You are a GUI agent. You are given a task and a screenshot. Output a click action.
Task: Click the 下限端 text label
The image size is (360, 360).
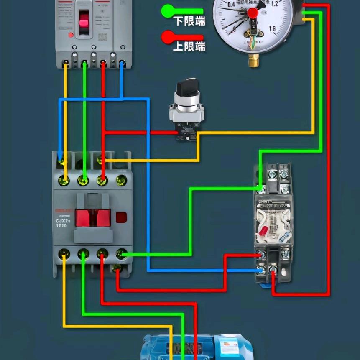point(189,20)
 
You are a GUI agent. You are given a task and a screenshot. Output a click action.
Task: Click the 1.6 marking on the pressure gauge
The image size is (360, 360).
point(273,29)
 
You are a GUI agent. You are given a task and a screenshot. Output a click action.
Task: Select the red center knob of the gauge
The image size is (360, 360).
point(253,13)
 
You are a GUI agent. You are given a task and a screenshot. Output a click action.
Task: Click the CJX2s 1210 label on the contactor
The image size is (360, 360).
point(61,223)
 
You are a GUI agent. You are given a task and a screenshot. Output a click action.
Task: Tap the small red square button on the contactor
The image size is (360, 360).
point(121,217)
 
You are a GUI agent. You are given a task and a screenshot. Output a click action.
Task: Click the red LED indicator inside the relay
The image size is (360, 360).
point(263,230)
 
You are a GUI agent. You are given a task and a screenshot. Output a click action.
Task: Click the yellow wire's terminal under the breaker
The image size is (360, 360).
point(66,64)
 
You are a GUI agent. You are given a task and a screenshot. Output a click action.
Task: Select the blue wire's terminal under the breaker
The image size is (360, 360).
point(122,64)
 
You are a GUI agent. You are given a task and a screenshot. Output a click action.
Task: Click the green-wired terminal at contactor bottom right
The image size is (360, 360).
point(121,253)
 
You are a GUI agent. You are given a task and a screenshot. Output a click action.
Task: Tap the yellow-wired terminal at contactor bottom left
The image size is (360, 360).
point(64,253)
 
